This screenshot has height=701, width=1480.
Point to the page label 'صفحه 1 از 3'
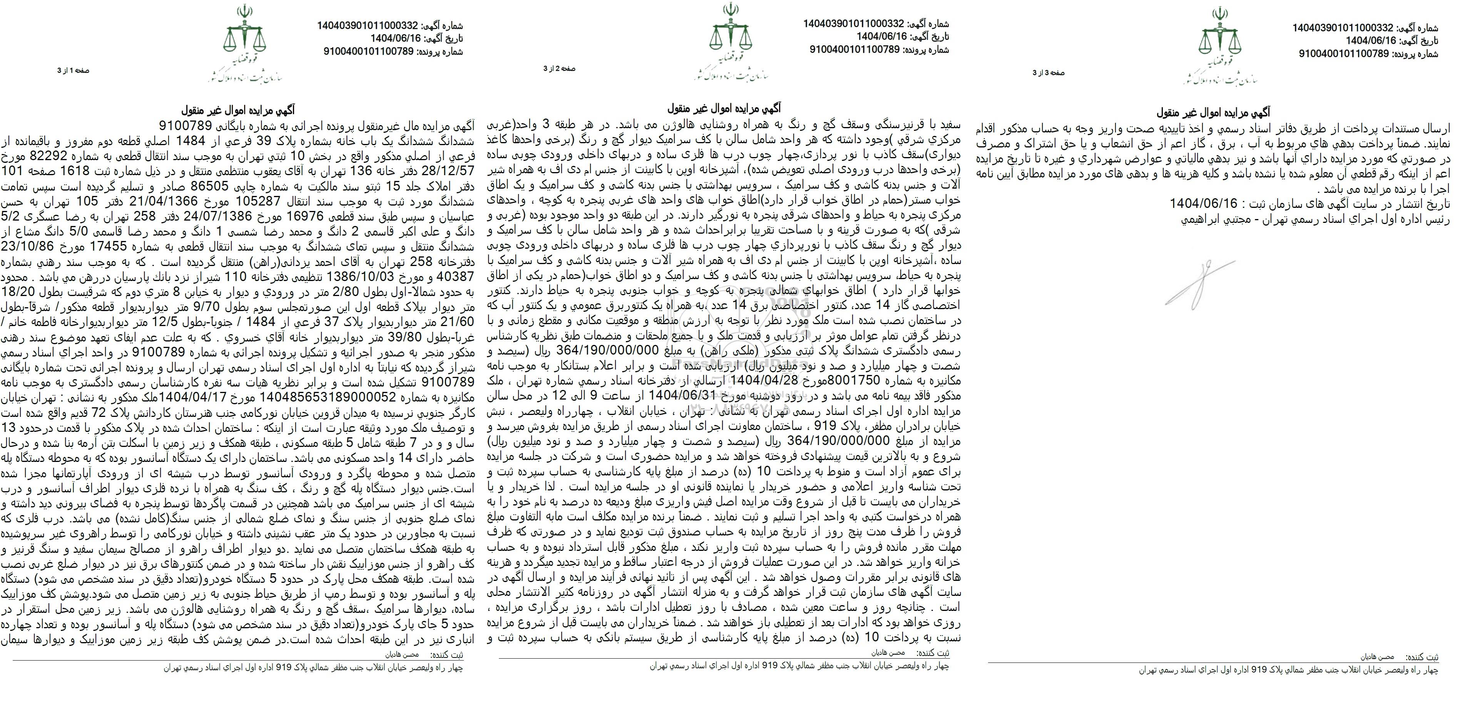click(x=73, y=71)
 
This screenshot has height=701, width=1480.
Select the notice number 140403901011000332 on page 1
click(x=367, y=26)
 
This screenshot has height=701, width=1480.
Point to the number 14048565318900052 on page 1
click(x=328, y=397)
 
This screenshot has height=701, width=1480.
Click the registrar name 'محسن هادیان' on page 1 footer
click(x=405, y=654)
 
